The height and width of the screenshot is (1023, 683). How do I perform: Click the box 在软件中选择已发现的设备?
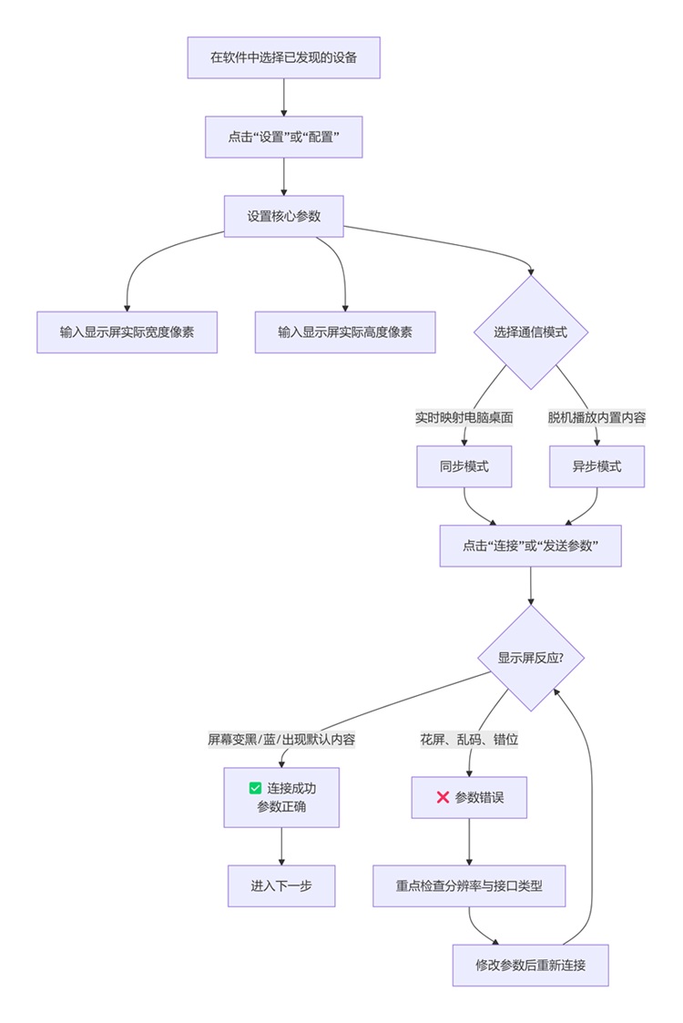coord(283,57)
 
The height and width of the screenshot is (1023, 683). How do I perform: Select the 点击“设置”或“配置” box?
coord(283,137)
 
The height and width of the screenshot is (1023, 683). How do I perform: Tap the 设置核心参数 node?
coord(283,216)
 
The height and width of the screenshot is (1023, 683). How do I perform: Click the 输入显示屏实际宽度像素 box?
coord(127,332)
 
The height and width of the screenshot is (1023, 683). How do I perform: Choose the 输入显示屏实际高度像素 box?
coord(345,332)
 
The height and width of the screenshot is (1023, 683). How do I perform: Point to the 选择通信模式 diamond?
coord(530,332)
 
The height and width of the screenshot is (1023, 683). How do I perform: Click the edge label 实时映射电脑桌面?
coord(464,417)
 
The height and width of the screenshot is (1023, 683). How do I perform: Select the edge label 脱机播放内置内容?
coord(596,417)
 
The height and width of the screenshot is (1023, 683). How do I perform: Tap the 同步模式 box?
coord(464,466)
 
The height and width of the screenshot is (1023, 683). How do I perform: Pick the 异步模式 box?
coord(596,466)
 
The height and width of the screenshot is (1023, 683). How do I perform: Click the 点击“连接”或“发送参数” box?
coord(530,546)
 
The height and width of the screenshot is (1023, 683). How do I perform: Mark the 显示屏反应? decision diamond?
coord(530,658)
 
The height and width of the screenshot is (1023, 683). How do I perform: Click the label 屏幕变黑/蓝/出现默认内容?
coord(281,740)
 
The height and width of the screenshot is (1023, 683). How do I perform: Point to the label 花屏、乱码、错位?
coord(469,740)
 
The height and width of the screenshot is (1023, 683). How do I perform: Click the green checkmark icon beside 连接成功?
coord(255,788)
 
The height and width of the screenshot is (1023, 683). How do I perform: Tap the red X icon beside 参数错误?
coord(443,797)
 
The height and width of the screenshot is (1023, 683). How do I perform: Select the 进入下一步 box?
coord(281,885)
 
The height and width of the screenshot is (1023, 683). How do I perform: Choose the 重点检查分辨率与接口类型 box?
coord(469,885)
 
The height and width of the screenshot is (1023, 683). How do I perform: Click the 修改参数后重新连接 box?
coord(530,965)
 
